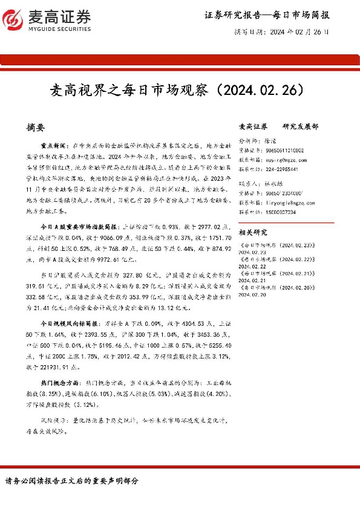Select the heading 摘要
tap(36, 128)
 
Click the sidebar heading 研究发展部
tap(300, 127)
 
